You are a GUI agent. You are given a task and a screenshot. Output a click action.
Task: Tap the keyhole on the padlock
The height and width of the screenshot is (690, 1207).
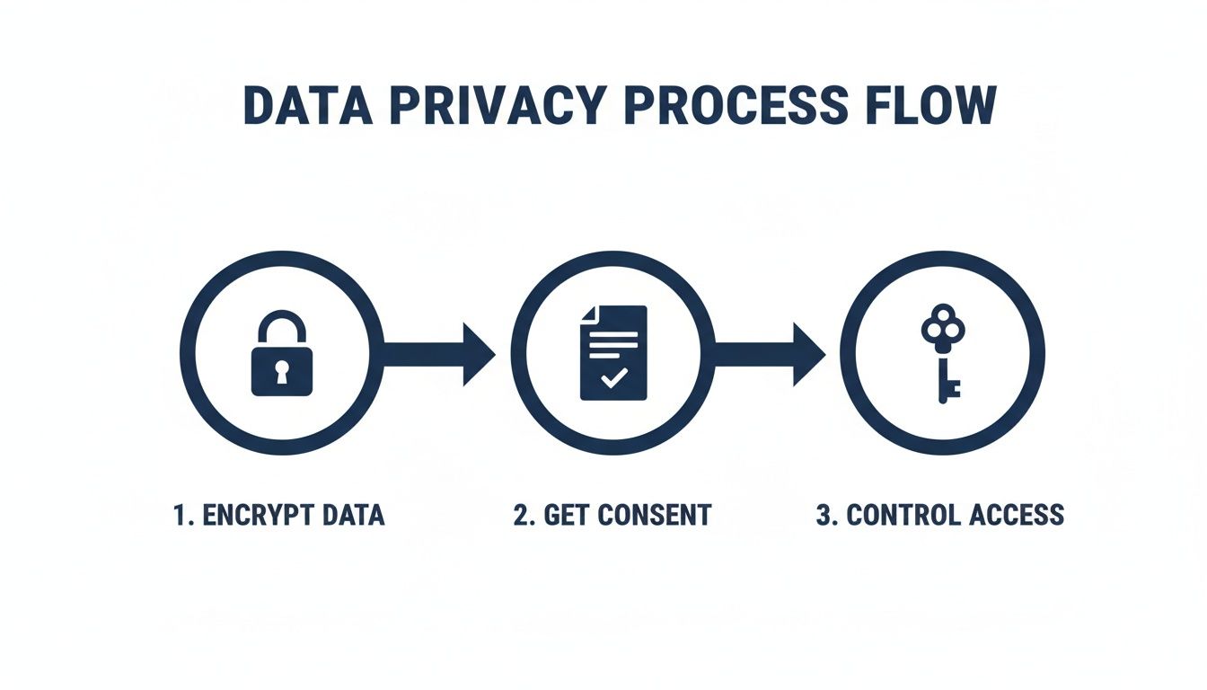pyautogui.click(x=282, y=371)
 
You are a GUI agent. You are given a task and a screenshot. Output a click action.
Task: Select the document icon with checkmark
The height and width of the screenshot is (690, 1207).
pyautogui.click(x=614, y=352)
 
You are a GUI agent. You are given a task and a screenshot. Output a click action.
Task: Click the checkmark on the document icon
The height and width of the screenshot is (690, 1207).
pyautogui.click(x=614, y=378)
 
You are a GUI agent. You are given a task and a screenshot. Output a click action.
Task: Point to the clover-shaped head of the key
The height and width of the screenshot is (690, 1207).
pyautogui.click(x=941, y=331)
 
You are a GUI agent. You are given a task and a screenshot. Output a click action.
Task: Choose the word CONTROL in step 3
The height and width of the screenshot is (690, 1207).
pyautogui.click(x=903, y=515)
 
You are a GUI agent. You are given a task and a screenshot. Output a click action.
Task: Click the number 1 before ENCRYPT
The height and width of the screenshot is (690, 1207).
pyautogui.click(x=180, y=515)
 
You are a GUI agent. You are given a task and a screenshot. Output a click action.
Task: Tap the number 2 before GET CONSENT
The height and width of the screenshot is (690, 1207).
pyautogui.click(x=520, y=515)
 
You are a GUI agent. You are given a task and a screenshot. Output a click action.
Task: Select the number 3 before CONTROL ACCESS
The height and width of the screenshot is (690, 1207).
pyautogui.click(x=824, y=515)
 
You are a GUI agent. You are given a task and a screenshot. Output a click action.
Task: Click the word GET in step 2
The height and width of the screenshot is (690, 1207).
pyautogui.click(x=564, y=515)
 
